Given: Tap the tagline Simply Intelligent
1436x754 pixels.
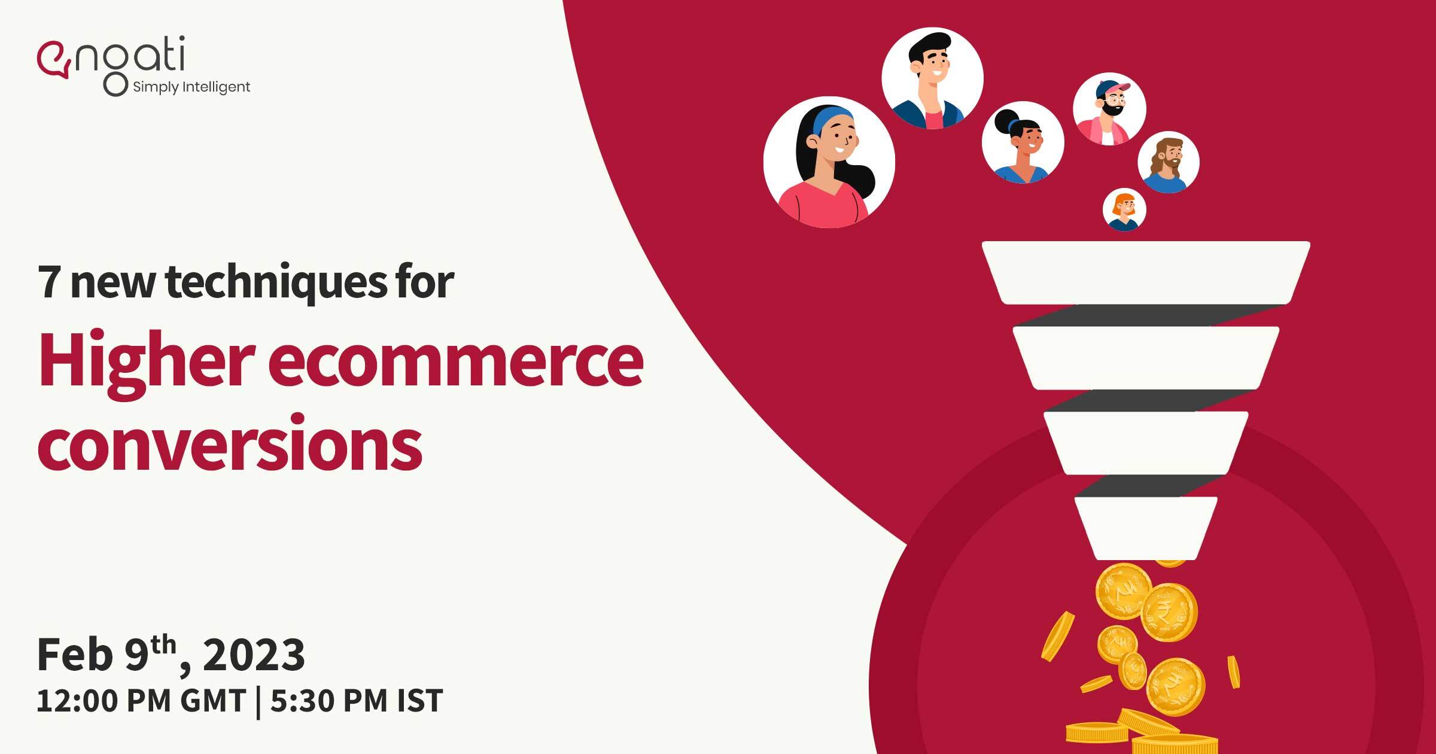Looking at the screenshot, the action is click(191, 87).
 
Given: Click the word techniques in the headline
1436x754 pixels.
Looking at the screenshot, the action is click(276, 281).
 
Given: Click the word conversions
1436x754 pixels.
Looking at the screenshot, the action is click(230, 443).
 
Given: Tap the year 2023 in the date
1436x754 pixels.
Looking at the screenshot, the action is click(254, 655).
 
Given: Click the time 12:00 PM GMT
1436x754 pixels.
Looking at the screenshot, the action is click(141, 701).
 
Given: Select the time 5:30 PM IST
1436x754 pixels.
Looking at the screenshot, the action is click(357, 701).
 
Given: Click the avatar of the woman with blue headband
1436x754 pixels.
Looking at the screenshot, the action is click(829, 162).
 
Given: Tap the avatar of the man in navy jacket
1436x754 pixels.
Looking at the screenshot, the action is click(932, 78).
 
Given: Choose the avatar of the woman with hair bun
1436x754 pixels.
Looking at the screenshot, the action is click(1023, 142).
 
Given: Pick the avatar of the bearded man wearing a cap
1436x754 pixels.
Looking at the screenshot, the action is click(1110, 109).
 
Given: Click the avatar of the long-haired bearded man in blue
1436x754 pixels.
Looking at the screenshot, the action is click(1169, 162).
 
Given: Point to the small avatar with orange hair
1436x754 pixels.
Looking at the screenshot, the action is click(1125, 209).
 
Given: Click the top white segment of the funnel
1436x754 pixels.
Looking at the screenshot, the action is click(1146, 273).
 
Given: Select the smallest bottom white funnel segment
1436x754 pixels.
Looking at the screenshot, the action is click(1146, 528).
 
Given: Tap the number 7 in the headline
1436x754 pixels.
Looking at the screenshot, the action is click(49, 282).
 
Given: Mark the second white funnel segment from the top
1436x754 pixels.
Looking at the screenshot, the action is click(1146, 358).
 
